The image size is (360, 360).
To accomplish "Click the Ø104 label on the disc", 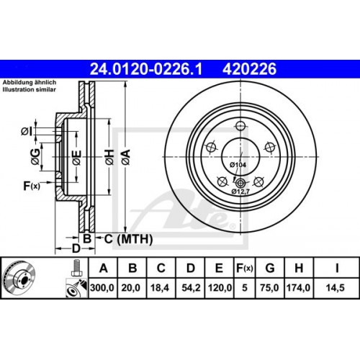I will coord(238,166).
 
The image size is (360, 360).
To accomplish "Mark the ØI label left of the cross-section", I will coord(27,130).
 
